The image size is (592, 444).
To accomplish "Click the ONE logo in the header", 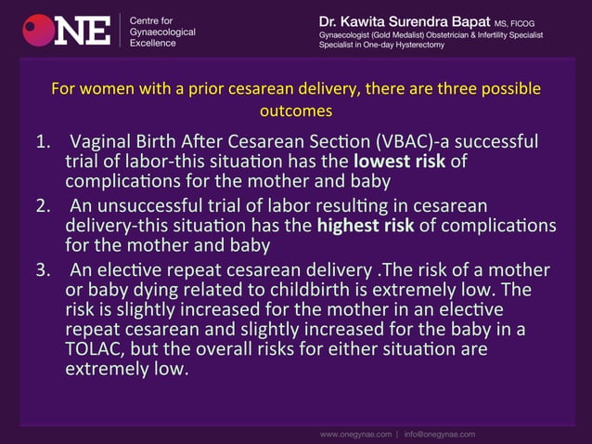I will (67, 31).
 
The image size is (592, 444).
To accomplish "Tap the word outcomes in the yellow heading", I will (296, 111).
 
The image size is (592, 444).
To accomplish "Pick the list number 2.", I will (43, 205).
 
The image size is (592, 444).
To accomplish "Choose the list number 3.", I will (43, 269).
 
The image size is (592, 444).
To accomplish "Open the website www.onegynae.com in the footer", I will (355, 433).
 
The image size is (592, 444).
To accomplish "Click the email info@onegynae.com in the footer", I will (439, 433).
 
